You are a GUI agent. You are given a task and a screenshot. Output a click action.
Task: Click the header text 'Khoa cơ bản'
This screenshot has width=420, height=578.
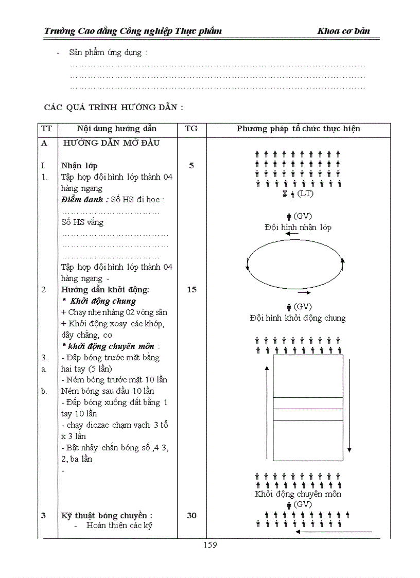343,31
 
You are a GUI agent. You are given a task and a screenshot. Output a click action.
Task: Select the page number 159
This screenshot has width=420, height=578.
210,545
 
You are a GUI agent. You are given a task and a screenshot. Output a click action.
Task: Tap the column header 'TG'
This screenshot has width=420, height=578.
191,129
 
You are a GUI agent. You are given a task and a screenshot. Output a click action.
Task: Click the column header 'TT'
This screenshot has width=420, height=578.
46,129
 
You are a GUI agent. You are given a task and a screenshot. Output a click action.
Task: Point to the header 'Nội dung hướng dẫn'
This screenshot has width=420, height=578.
117,129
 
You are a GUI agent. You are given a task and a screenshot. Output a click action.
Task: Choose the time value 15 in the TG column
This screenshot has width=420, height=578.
191,290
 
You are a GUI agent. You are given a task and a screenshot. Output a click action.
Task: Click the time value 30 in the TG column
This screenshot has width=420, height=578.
191,515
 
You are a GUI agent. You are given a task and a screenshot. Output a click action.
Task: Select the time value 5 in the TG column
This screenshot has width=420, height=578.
191,166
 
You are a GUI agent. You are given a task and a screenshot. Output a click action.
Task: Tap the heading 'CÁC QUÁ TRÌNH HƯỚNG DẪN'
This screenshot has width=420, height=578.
113,108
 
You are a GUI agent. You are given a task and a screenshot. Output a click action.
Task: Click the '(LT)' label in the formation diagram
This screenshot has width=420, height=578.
306,194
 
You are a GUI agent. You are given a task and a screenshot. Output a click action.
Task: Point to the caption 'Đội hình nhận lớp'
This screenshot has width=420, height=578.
298,227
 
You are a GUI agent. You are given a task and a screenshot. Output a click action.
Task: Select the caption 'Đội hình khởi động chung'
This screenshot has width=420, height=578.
297,318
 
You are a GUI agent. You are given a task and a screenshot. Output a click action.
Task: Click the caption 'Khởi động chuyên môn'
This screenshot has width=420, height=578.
298,494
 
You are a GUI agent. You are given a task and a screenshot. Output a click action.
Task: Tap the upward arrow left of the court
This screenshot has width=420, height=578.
267,412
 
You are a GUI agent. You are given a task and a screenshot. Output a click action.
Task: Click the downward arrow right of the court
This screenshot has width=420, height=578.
349,404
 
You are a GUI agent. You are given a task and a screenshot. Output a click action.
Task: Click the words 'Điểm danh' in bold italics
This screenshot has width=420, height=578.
84,200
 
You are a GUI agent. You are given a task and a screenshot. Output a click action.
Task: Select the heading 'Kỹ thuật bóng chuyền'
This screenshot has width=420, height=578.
107,515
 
